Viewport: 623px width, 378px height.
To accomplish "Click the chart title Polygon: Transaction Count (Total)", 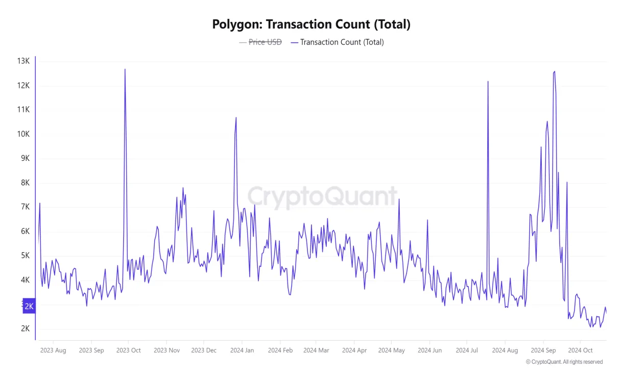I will coord(311,24).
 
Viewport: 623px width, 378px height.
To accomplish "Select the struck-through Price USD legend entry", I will coord(265,42).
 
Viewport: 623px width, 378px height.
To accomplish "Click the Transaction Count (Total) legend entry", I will coord(342,42).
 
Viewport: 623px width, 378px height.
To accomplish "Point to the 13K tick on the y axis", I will coord(23,61).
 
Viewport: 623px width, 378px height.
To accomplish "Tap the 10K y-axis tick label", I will coord(23,134).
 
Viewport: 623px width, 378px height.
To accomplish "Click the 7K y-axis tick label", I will coord(25,207).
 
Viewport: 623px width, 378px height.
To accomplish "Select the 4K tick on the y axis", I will coord(25,280).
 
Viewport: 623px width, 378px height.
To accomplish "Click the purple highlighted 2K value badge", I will coord(29,306).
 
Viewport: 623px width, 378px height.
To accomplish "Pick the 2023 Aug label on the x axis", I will coord(53,350).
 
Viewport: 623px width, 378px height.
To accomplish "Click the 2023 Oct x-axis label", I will coord(129,350).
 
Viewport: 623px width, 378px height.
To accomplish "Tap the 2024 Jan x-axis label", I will coord(242,350).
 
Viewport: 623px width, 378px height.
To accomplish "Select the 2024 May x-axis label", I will coord(392,350).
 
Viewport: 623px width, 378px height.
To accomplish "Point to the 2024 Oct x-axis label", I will coord(580,350).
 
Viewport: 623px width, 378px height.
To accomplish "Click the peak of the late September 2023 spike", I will coord(125,69).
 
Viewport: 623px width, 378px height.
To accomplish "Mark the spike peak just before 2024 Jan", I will coord(236,117).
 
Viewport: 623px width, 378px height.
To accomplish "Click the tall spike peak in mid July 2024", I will coord(488,82).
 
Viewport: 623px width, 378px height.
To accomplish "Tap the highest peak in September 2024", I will coord(555,72).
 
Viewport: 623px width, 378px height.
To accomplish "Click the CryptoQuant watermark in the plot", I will coord(322,197).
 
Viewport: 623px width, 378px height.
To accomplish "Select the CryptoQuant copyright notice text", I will coord(564,362).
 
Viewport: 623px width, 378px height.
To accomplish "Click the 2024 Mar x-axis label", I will coord(316,350).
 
